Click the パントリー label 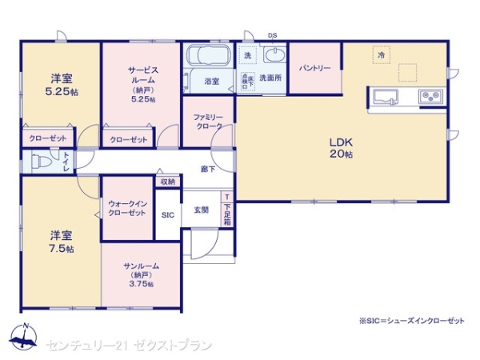point(315,69)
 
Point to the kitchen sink point(386,98)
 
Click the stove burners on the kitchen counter point(431,98)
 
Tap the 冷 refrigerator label point(382,54)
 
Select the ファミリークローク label point(208,122)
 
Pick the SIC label point(168,215)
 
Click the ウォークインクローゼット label point(126,208)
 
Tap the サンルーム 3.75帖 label point(142,274)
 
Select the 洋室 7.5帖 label point(62,242)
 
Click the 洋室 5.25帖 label point(62,84)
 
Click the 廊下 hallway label point(207,170)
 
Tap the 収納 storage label point(167,182)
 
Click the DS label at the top point(272,35)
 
